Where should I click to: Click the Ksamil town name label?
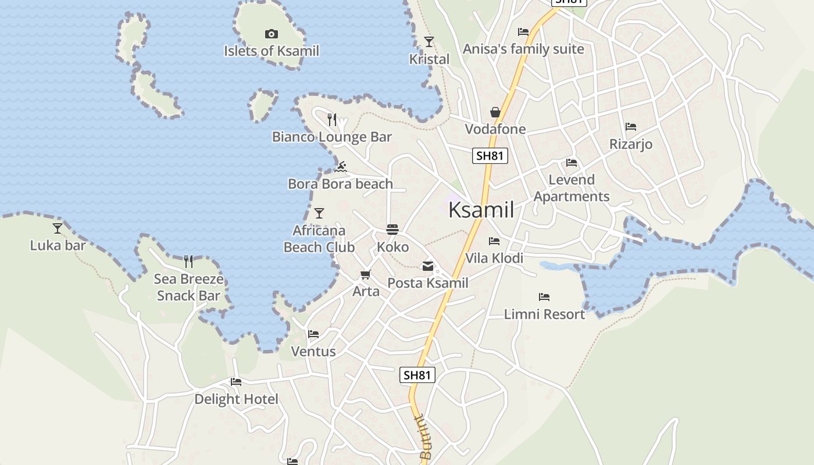click(x=481, y=210)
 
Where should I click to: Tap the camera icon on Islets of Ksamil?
click(x=271, y=34)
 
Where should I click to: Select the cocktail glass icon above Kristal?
click(x=429, y=42)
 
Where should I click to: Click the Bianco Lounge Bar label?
click(x=332, y=137)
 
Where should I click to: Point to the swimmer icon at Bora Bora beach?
click(x=341, y=167)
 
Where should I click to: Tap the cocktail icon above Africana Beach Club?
click(x=319, y=213)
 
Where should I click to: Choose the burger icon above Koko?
click(x=392, y=230)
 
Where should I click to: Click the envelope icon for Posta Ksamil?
click(x=428, y=267)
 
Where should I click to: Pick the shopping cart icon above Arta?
click(x=365, y=274)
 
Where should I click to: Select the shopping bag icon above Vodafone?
click(x=495, y=112)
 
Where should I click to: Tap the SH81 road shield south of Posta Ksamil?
click(x=417, y=375)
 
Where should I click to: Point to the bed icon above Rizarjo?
click(x=631, y=127)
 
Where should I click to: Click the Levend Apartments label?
click(x=572, y=188)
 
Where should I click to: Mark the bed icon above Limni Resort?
click(x=544, y=297)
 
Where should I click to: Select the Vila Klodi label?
click(x=494, y=258)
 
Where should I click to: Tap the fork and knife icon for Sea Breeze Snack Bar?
click(x=188, y=262)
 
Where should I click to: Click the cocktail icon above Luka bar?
click(x=58, y=228)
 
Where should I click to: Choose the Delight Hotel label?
click(x=236, y=399)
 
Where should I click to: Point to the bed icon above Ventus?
click(x=313, y=334)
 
